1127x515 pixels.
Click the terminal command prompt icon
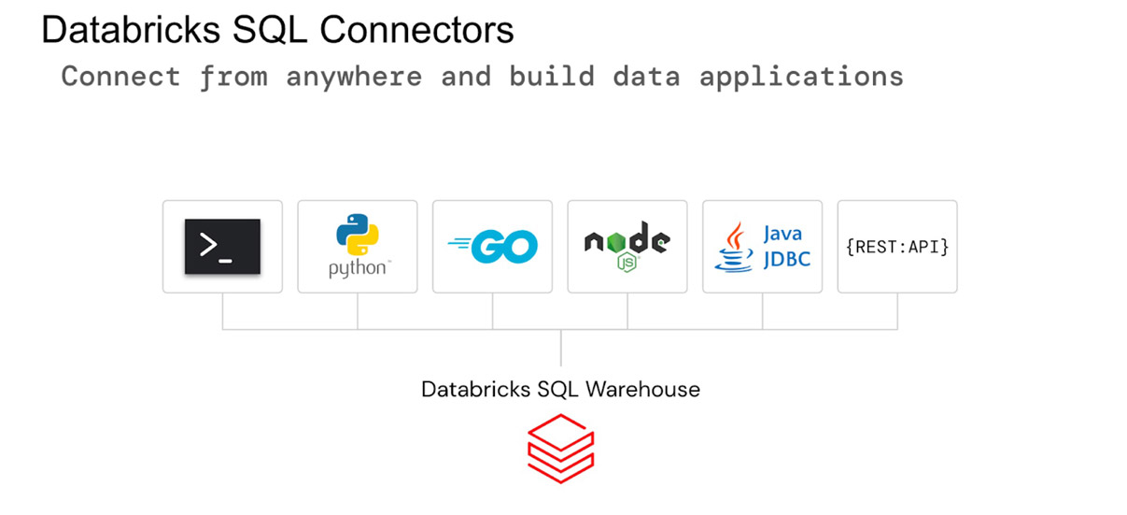point(222,247)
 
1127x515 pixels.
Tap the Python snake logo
point(357,235)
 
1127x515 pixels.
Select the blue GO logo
point(493,247)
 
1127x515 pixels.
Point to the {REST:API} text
point(897,247)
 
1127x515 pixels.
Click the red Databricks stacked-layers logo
point(561,449)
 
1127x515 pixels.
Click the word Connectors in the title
point(416,30)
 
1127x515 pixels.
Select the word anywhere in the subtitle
point(354,76)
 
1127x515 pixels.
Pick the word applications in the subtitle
point(801,76)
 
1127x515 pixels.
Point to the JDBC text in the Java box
point(786,258)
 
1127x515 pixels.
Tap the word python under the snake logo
point(357,269)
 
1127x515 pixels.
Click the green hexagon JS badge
point(627,263)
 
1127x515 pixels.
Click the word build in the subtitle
point(552,76)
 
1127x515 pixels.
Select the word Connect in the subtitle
point(120,76)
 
